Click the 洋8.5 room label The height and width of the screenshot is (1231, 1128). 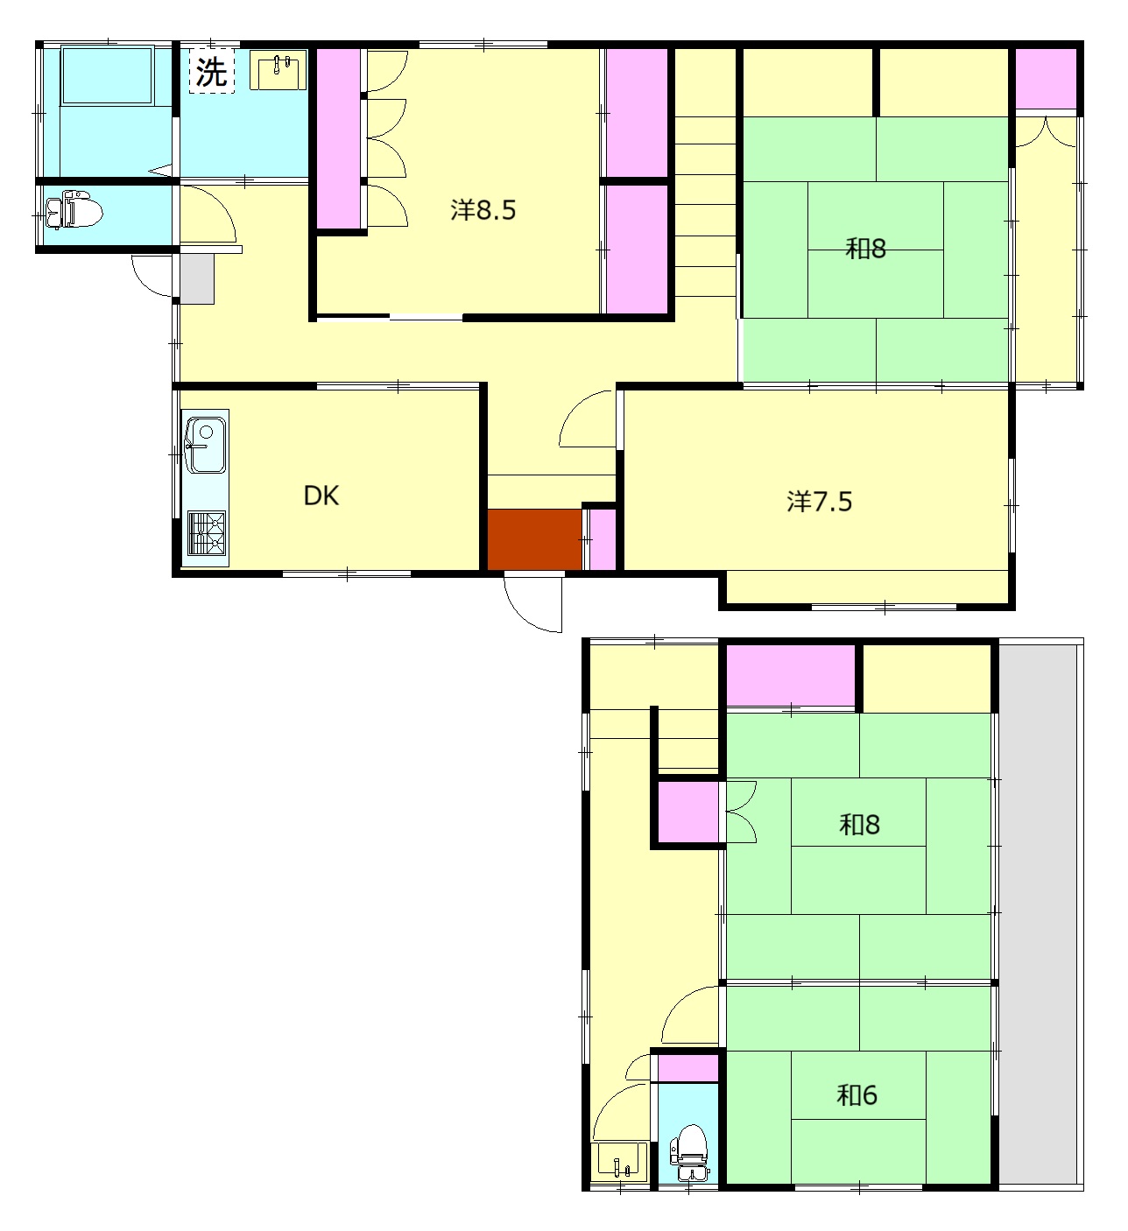(483, 210)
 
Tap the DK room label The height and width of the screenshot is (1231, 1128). (321, 496)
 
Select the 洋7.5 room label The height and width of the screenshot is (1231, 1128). (819, 502)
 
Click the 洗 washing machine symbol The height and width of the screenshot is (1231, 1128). (212, 72)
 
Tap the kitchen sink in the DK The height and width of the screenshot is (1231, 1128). (206, 446)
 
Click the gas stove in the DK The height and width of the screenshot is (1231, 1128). (207, 532)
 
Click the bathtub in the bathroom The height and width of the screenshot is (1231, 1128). (106, 75)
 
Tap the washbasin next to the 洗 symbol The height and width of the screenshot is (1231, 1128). (278, 70)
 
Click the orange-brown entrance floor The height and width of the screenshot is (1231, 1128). (534, 539)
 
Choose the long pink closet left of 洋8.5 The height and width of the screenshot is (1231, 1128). (338, 138)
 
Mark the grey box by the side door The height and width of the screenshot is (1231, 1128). (197, 278)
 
